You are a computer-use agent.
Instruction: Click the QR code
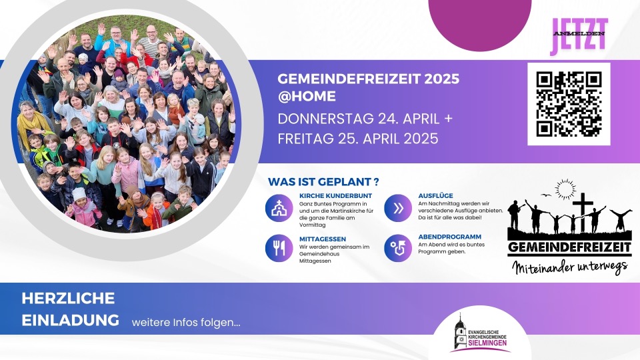coord(569,104)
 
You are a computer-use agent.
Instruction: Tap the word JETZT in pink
coord(579,36)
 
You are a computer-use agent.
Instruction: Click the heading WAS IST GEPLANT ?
coord(323,181)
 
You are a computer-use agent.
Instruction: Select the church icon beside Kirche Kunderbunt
coord(279,208)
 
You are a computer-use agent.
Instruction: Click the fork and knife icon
coord(279,248)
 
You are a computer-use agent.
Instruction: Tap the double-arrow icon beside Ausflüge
coord(398,208)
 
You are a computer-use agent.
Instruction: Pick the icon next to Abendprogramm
coord(398,248)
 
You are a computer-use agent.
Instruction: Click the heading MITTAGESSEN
coord(323,239)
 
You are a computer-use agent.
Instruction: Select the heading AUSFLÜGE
coord(435,196)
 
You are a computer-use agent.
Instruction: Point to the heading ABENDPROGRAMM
coord(449,237)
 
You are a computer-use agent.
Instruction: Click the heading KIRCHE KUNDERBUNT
coord(335,196)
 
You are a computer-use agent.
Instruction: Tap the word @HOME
coord(307,96)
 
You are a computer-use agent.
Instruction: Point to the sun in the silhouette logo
coord(565,189)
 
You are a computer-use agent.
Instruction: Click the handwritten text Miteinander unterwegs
coord(570,268)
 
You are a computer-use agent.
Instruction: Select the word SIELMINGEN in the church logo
coord(487,343)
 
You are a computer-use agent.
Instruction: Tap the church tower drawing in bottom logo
coord(460,333)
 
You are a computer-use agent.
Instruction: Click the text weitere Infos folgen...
coord(186,323)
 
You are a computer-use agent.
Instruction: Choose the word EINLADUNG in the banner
coord(70,320)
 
